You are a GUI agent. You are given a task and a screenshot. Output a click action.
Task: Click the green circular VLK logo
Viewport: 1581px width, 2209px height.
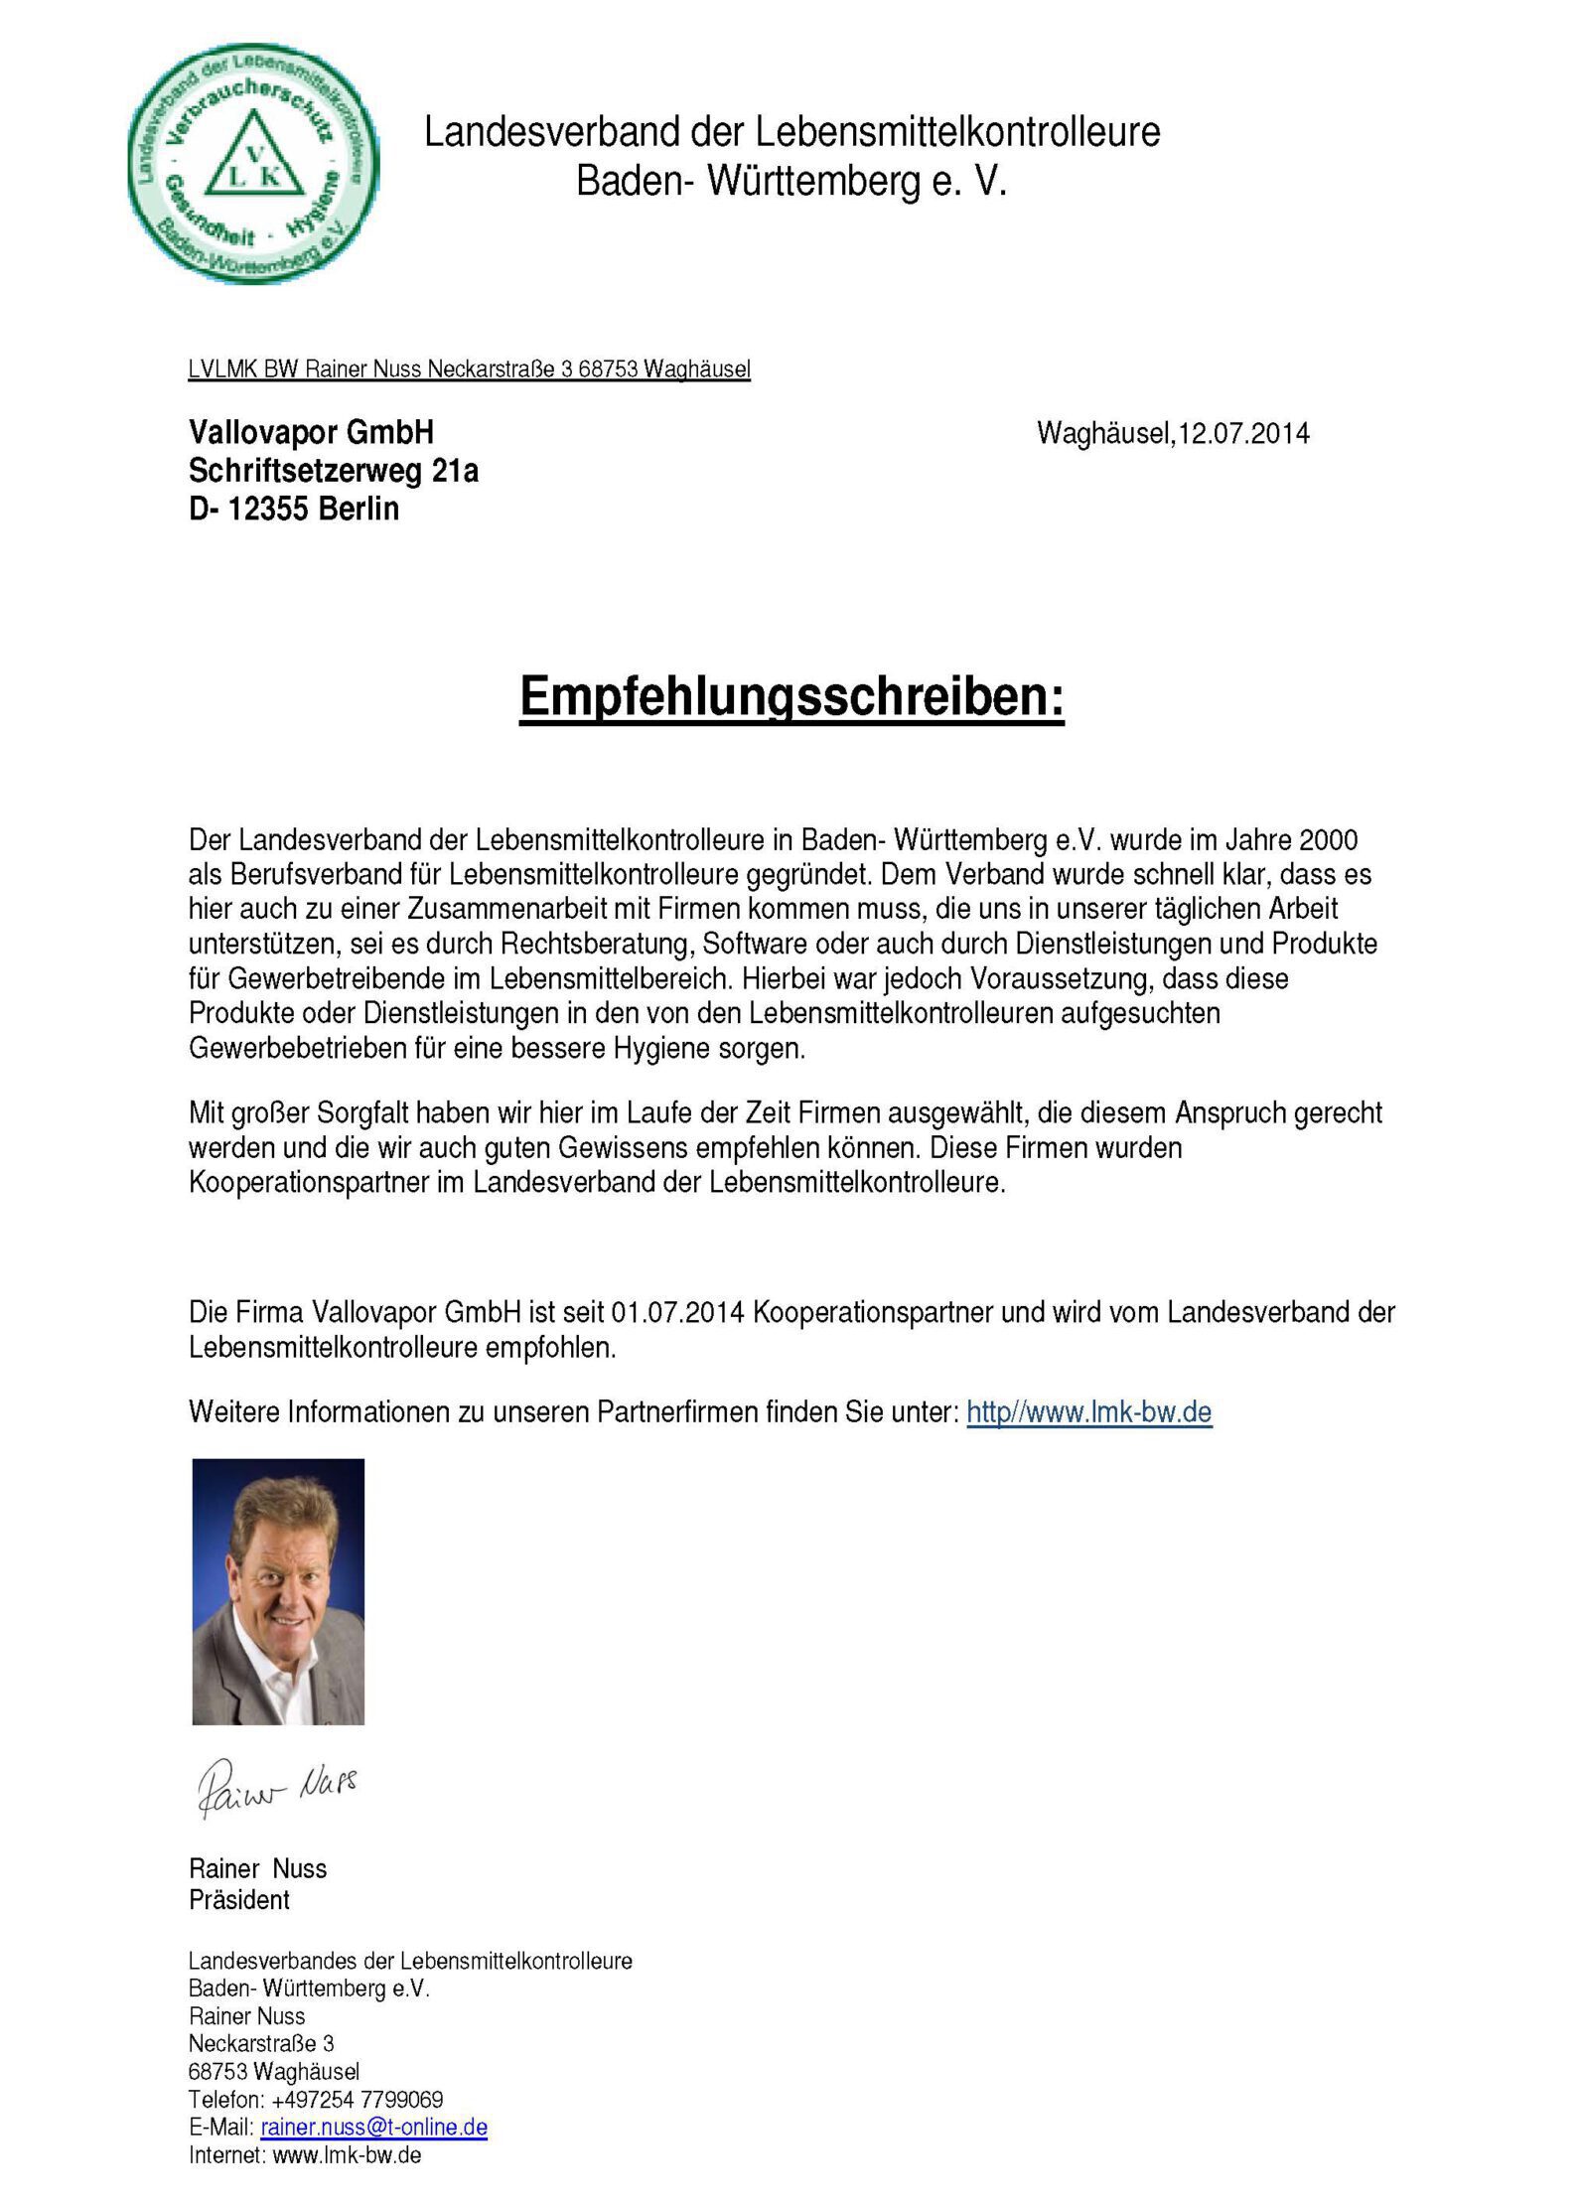tap(253, 163)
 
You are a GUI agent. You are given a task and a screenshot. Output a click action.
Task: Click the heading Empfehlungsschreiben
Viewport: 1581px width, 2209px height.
tap(790, 696)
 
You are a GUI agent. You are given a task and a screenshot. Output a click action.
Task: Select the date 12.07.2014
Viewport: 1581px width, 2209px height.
tap(1242, 434)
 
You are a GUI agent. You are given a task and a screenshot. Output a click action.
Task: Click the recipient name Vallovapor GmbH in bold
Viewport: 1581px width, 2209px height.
tap(311, 432)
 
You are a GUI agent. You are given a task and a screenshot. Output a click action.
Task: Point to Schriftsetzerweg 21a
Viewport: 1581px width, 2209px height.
tap(334, 471)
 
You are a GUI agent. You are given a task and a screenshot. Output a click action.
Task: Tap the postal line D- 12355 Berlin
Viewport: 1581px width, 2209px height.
tap(294, 509)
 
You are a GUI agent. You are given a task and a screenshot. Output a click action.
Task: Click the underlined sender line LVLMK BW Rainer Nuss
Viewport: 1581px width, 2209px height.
tap(469, 369)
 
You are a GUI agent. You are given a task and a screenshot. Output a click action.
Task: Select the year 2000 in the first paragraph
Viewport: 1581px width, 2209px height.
tap(1327, 840)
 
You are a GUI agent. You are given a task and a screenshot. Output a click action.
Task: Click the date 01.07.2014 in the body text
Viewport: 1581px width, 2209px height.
tap(677, 1312)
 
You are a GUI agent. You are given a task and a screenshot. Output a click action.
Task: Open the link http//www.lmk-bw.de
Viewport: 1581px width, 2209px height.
tap(1088, 1411)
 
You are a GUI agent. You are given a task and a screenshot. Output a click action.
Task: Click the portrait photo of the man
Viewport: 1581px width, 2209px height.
tap(278, 1590)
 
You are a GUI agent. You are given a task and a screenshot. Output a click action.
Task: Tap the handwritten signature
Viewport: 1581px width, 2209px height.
tap(277, 1784)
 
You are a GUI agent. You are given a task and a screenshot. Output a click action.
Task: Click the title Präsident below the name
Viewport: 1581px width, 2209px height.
tap(239, 1900)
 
